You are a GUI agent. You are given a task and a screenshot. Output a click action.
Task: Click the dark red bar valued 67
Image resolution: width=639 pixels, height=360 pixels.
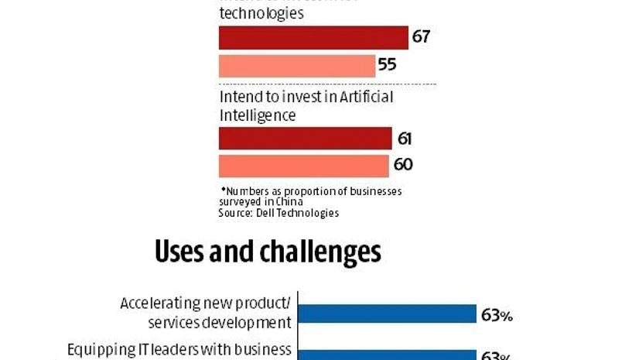click(313, 38)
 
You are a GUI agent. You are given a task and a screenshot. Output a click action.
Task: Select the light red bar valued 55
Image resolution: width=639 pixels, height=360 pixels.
click(297, 65)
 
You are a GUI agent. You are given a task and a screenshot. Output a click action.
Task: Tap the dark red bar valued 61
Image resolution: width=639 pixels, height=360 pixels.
click(305, 139)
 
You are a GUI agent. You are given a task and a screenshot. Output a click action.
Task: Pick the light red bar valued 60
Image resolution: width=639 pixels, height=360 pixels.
click(303, 166)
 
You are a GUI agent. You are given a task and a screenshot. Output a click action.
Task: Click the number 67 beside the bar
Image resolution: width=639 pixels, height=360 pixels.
click(421, 37)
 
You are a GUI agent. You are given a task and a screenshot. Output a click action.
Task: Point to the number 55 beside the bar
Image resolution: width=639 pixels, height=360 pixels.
click(387, 65)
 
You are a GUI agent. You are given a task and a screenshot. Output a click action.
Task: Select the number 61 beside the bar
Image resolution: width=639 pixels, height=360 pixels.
click(404, 139)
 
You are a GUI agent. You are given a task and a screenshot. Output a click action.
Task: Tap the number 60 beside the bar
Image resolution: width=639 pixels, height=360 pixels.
click(402, 165)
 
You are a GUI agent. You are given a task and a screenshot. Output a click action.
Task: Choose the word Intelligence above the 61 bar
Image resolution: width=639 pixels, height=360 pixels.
click(258, 115)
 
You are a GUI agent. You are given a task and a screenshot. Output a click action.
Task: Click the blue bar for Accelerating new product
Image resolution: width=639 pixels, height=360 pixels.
click(387, 314)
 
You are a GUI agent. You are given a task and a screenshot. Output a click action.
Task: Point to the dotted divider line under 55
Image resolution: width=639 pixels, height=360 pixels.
click(327, 84)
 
